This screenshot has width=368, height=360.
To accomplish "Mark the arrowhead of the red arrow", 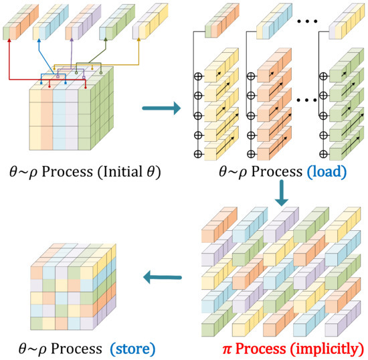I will click(9, 40).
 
